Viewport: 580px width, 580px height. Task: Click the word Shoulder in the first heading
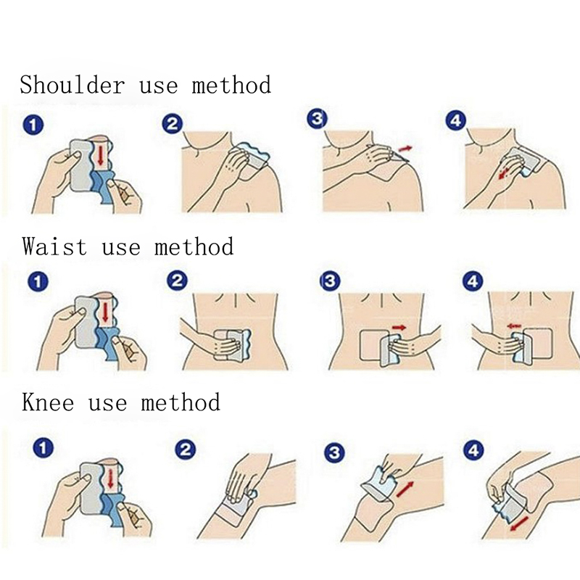[x=72, y=85]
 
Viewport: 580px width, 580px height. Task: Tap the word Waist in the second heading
[x=54, y=246]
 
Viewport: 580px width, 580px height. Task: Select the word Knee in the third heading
[x=48, y=402]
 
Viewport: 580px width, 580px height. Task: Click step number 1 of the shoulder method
[x=33, y=125]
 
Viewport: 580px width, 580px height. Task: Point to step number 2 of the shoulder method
[x=173, y=124]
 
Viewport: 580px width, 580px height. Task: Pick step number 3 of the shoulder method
[x=318, y=119]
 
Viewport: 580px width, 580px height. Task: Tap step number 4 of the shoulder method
[x=456, y=121]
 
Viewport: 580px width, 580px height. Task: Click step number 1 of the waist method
[x=38, y=282]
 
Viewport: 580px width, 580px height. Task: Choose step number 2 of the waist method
[x=177, y=281]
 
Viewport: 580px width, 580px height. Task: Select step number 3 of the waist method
[x=330, y=281]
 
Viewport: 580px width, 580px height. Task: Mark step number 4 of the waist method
[x=473, y=281]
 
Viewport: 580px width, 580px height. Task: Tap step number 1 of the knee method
[x=43, y=448]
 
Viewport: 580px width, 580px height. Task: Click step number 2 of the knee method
[x=185, y=449]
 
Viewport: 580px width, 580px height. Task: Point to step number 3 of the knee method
[x=334, y=452]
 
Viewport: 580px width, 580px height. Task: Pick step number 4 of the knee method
[x=473, y=450]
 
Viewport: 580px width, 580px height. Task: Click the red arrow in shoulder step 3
[x=405, y=149]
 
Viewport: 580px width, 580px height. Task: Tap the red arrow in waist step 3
[x=399, y=328]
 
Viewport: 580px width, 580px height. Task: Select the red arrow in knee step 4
[x=519, y=523]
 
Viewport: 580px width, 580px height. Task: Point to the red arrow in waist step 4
[x=514, y=326]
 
